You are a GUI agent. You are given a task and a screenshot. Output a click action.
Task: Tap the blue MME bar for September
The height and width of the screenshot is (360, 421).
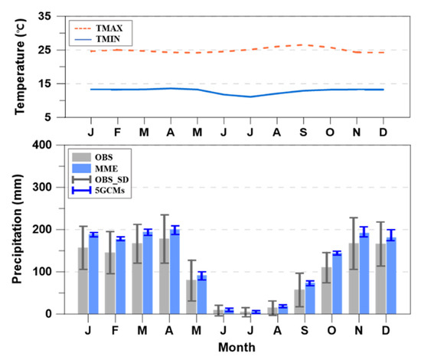pyautogui.click(x=310, y=299)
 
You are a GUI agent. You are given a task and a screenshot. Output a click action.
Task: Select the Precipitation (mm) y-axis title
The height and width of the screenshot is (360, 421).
pyautogui.click(x=16, y=228)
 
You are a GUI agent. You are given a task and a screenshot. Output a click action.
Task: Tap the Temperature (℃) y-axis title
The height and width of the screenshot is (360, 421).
pyautogui.click(x=16, y=67)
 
